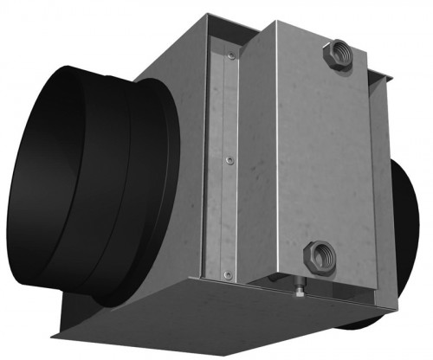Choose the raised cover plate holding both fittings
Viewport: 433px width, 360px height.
[x=312, y=156]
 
